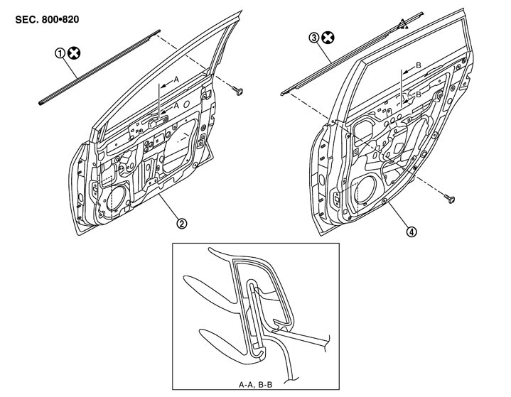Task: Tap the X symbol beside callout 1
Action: (x=74, y=52)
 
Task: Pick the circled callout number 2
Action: (x=183, y=224)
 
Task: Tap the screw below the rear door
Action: (x=449, y=198)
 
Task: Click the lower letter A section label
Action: (x=176, y=104)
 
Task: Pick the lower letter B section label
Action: (x=419, y=93)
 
